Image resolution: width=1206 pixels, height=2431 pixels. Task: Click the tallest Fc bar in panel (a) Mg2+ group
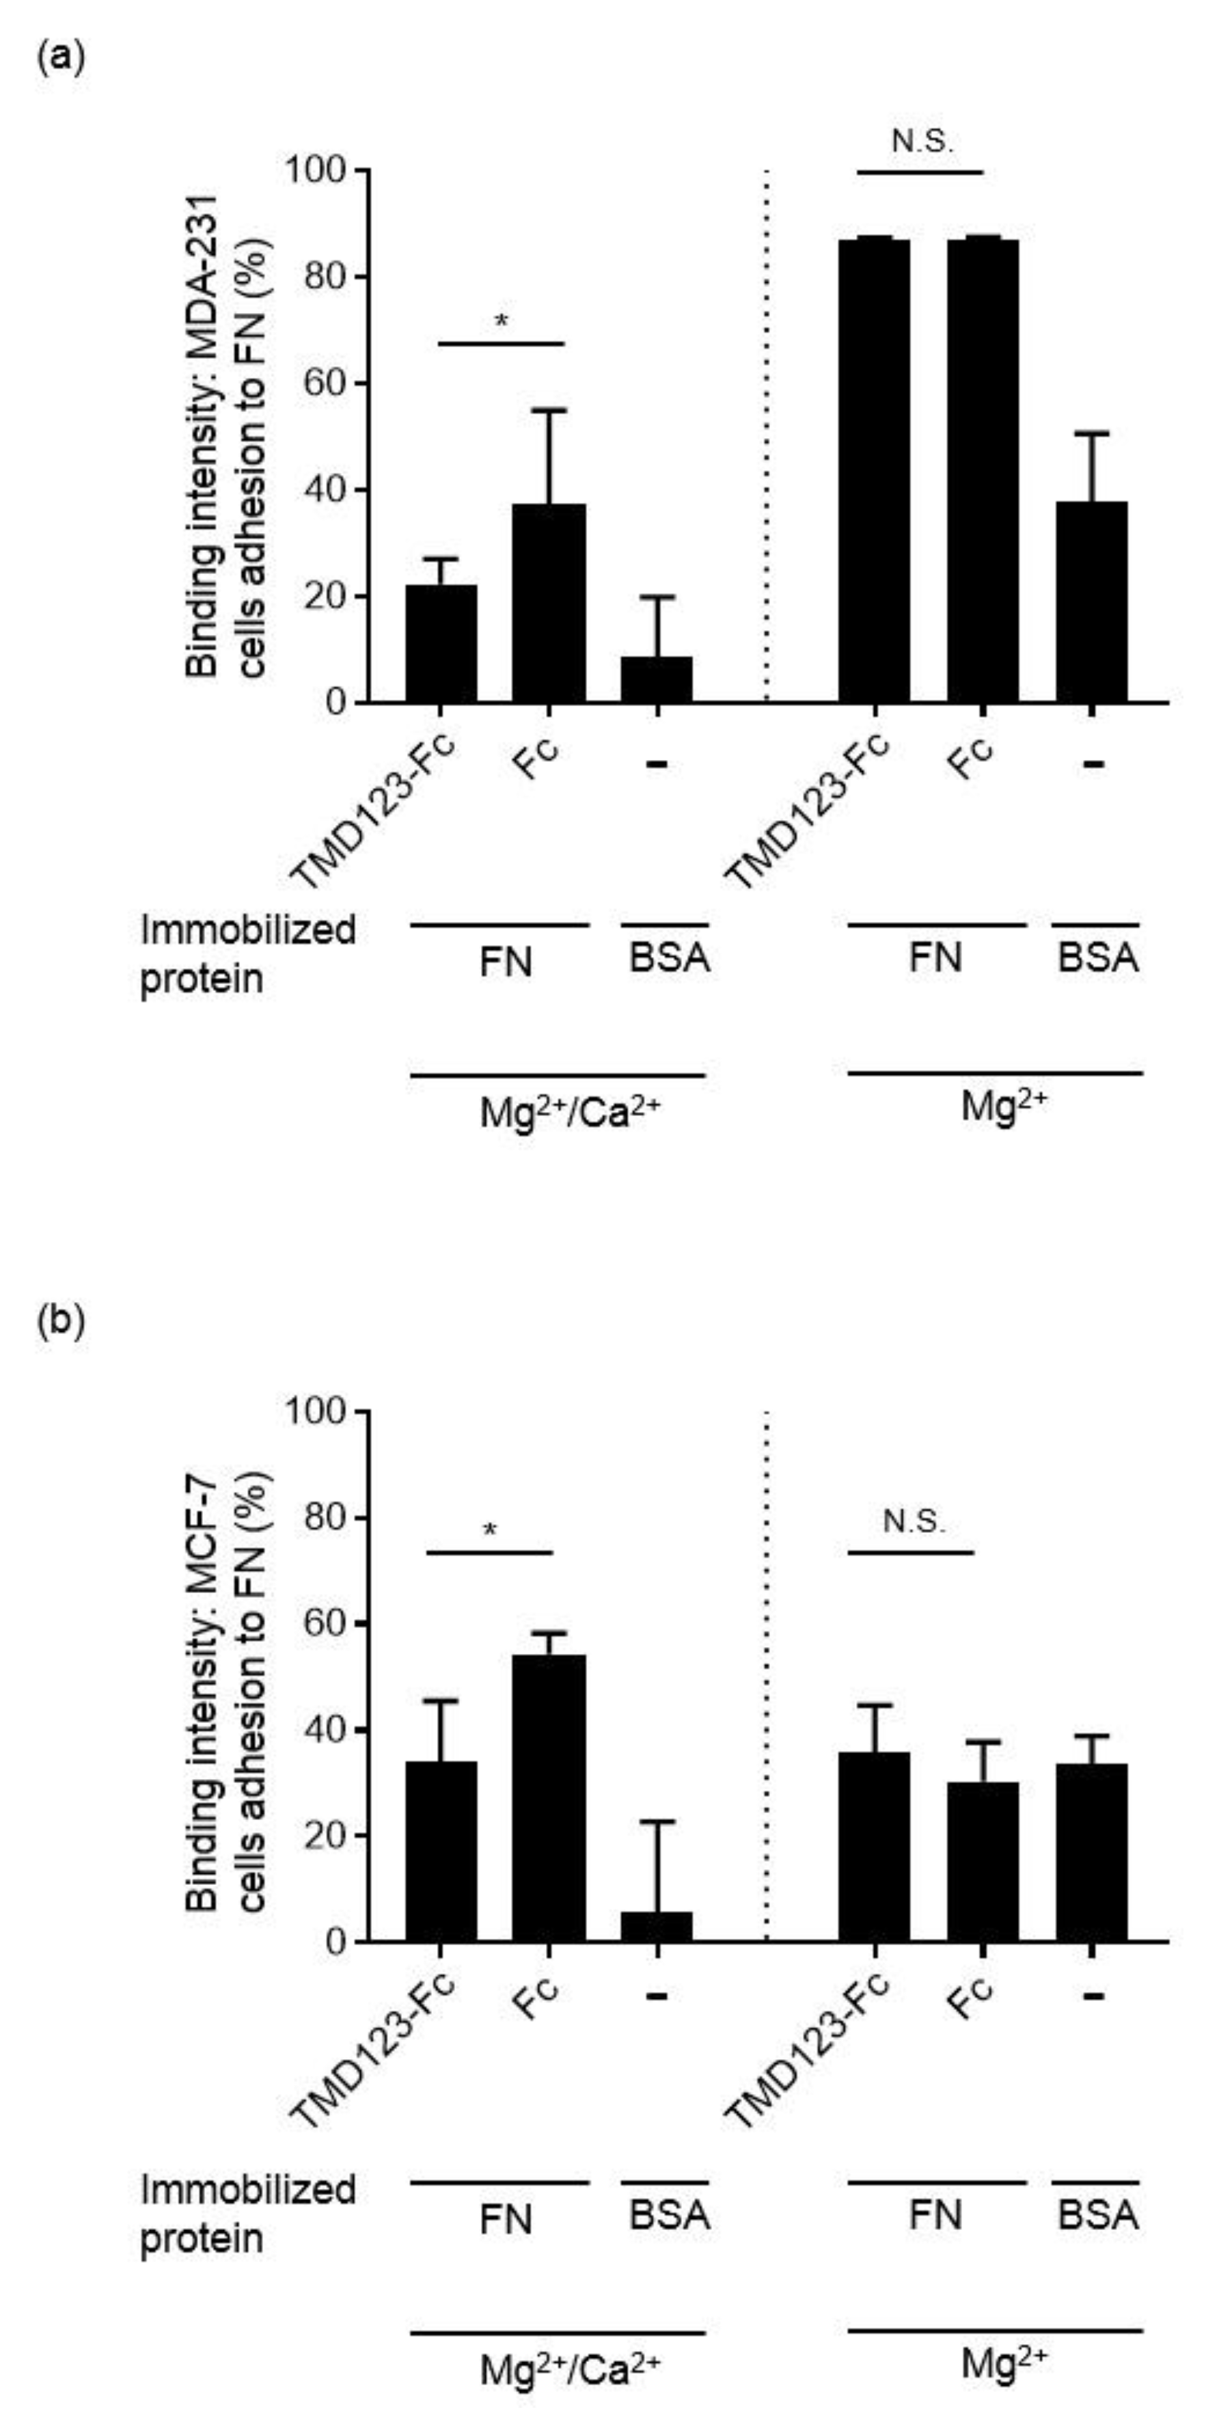tap(983, 472)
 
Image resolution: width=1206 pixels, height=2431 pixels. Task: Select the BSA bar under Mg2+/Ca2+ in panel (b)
tap(657, 1926)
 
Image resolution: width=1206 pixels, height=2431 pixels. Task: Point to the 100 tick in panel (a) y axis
tap(325, 171)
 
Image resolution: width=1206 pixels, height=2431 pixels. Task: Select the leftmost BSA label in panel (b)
tap(669, 2216)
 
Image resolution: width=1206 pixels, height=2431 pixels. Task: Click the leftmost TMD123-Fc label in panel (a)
tap(376, 812)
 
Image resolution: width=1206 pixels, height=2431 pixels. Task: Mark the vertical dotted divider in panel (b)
tap(766, 1670)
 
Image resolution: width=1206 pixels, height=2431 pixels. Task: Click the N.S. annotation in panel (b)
tap(912, 1522)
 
